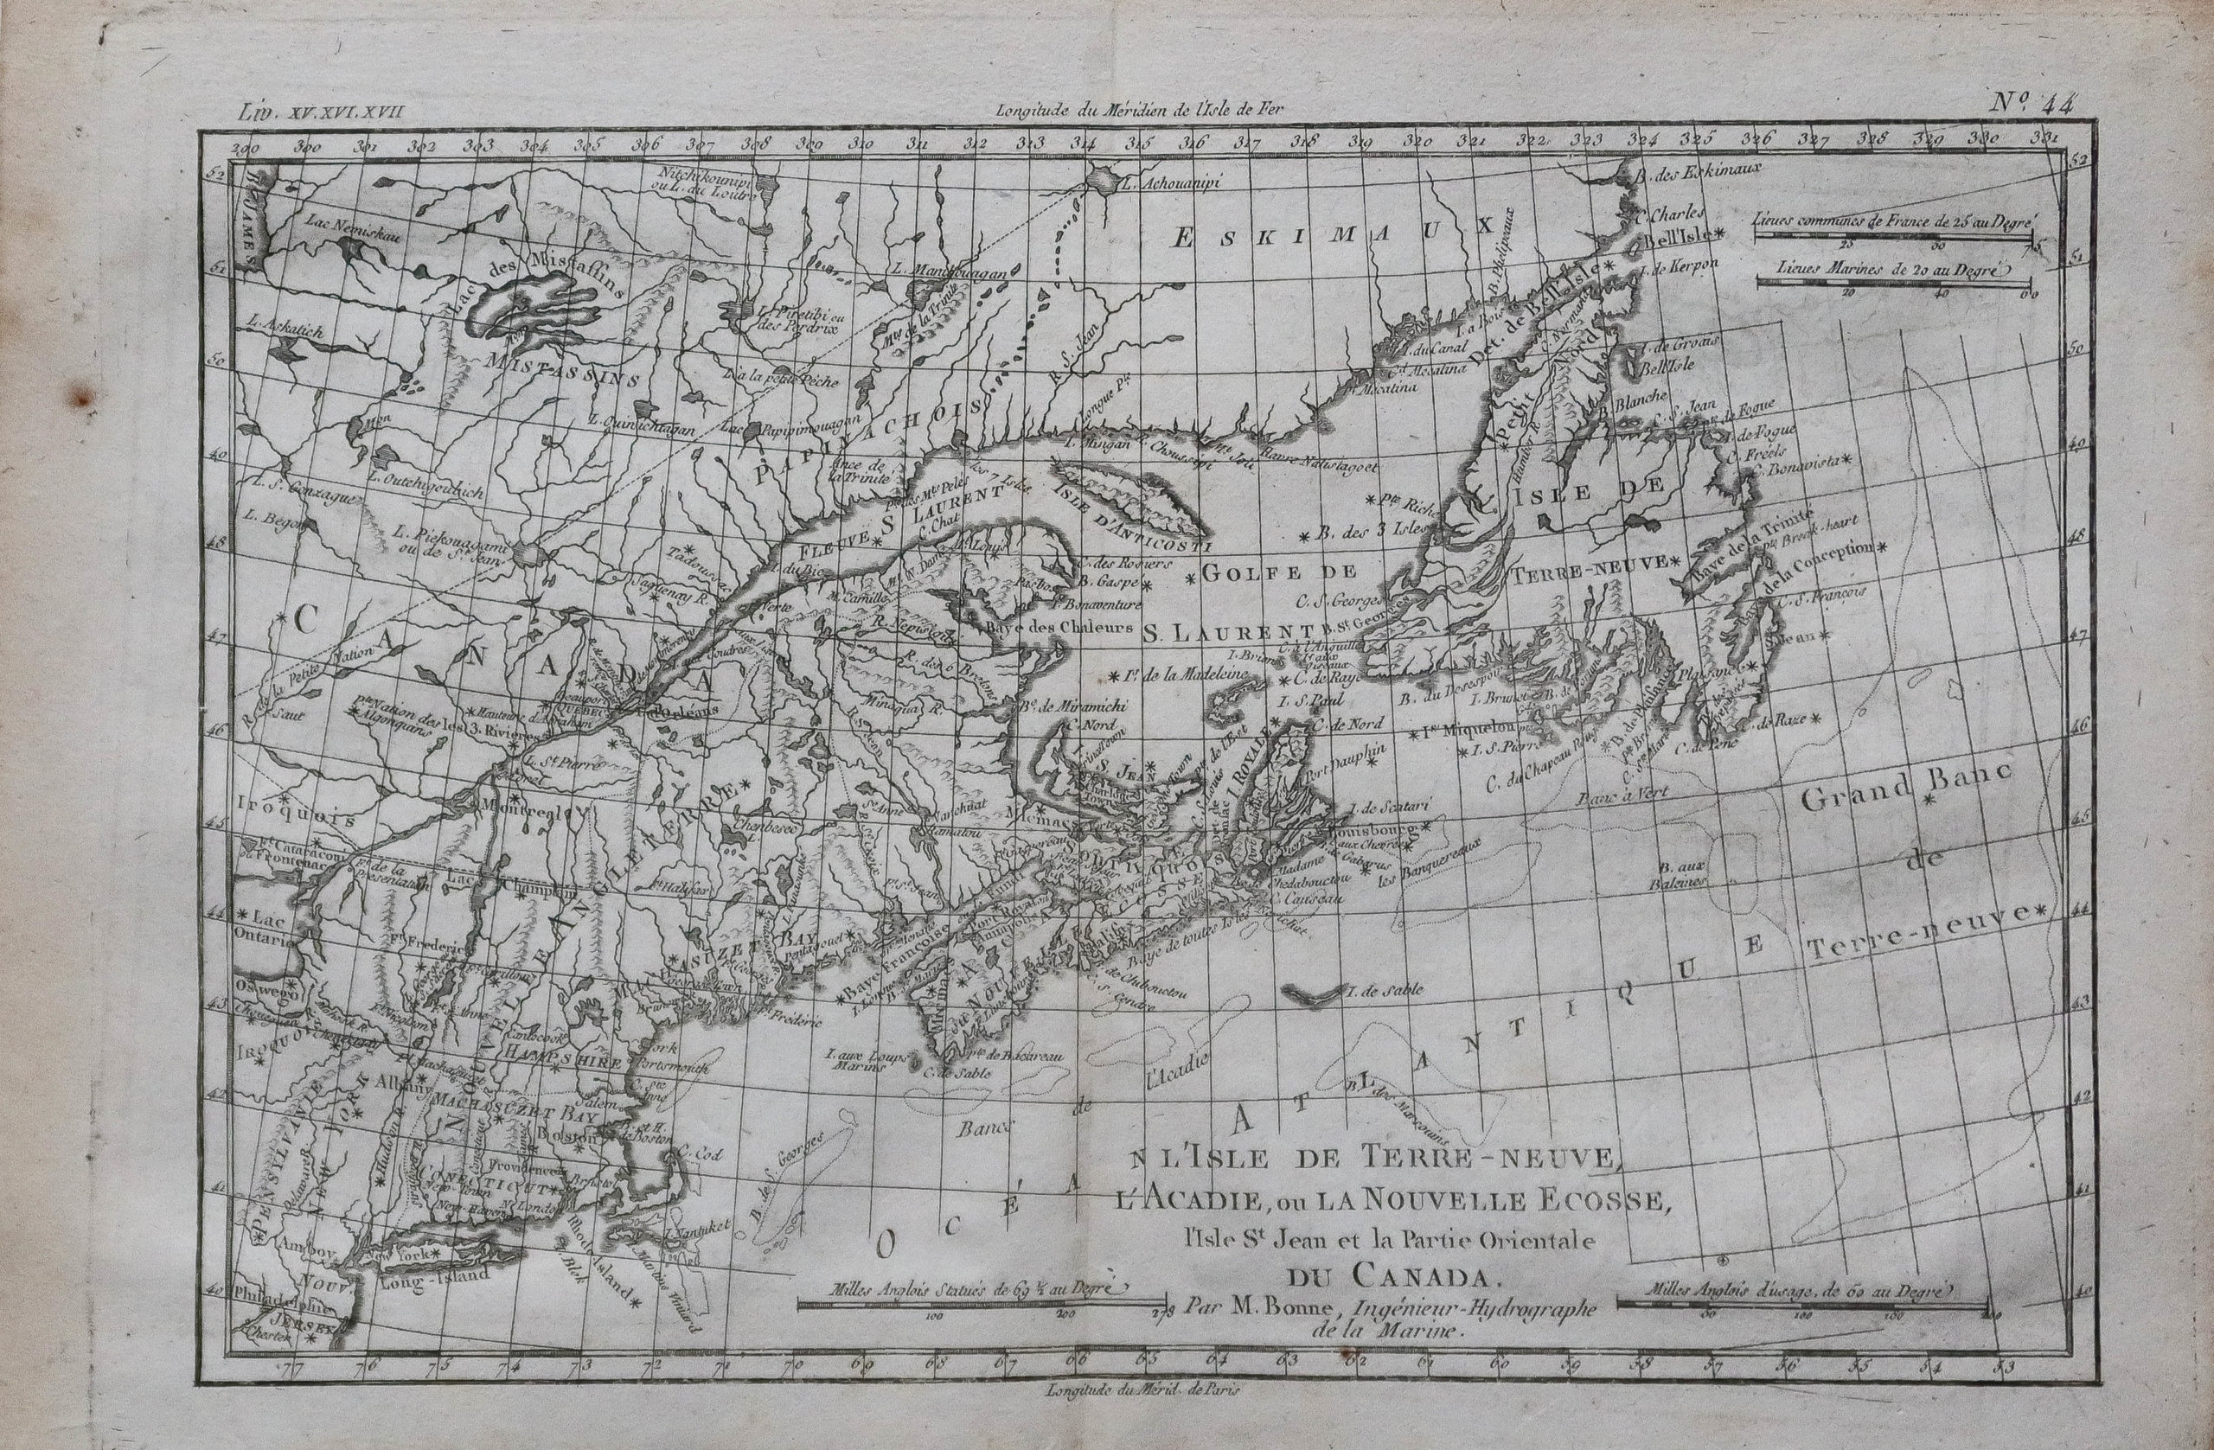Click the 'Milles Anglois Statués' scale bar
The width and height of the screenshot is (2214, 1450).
(982, 1302)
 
